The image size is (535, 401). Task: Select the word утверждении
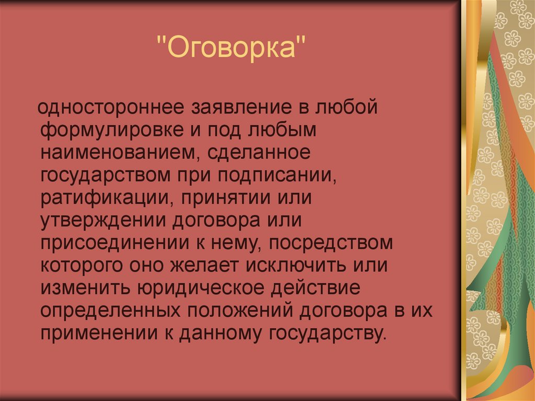(101, 220)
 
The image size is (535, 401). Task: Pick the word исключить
(296, 265)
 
